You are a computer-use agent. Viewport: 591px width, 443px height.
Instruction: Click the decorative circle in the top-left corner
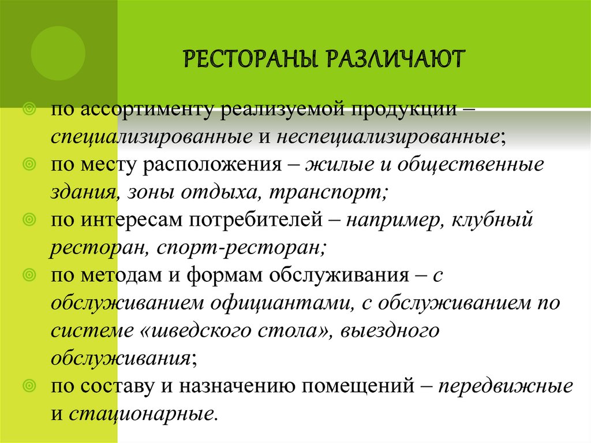tap(58, 53)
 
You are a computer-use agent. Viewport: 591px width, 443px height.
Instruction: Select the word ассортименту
tap(149, 109)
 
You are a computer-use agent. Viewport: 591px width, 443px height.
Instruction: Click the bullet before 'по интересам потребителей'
tap(28, 219)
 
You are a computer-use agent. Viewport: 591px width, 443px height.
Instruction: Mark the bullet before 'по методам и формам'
tap(28, 275)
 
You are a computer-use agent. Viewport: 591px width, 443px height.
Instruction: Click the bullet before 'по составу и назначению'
tap(28, 385)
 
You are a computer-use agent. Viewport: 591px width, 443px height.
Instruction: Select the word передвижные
tap(506, 385)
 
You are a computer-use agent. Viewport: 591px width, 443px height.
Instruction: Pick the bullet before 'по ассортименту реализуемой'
tap(28, 109)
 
